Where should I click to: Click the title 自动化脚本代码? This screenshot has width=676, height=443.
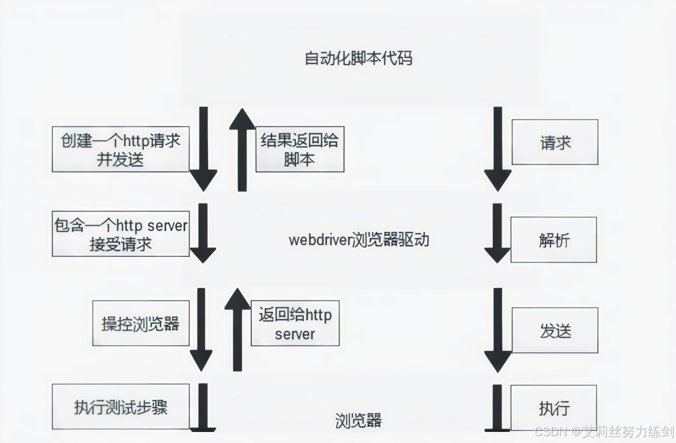tap(358, 58)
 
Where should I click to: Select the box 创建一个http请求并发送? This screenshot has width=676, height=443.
tap(120, 149)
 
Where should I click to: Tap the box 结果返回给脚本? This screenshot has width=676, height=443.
tap(299, 149)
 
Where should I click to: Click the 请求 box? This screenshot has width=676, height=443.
tap(555, 142)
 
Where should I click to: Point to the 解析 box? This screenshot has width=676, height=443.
tap(554, 240)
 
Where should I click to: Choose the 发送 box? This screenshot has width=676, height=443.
tap(555, 331)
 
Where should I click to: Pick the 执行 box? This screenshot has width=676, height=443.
tap(554, 408)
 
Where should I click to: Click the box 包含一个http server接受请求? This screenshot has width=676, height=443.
tap(120, 234)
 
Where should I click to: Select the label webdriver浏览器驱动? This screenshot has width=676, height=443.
tap(359, 240)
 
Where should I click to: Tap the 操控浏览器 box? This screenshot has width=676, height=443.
tap(140, 323)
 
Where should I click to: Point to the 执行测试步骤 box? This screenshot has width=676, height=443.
tap(120, 407)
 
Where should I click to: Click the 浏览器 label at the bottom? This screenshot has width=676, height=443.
tap(358, 420)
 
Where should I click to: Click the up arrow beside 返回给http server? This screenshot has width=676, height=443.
tap(238, 330)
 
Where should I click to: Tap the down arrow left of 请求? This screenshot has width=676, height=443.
tap(497, 149)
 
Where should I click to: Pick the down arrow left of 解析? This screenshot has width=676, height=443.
tap(497, 233)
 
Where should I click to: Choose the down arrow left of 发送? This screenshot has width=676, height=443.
tap(497, 330)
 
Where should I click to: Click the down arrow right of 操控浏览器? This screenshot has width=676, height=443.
tap(201, 330)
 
